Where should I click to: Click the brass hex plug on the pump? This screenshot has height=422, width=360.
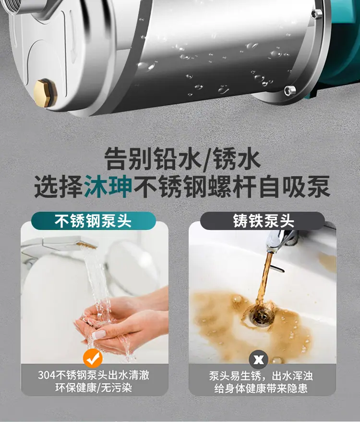click(45, 92)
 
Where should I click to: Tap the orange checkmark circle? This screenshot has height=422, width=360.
click(93, 359)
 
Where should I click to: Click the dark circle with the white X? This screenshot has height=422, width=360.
click(259, 360)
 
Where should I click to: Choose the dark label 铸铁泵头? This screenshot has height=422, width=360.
click(263, 221)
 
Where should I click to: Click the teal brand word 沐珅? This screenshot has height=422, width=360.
click(108, 186)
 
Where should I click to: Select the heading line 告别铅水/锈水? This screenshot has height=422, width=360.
click(182, 159)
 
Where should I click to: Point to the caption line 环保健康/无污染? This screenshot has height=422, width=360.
click(94, 388)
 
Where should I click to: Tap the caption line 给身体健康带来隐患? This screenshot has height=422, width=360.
click(261, 388)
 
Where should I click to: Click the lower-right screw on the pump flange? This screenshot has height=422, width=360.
click(290, 90)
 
